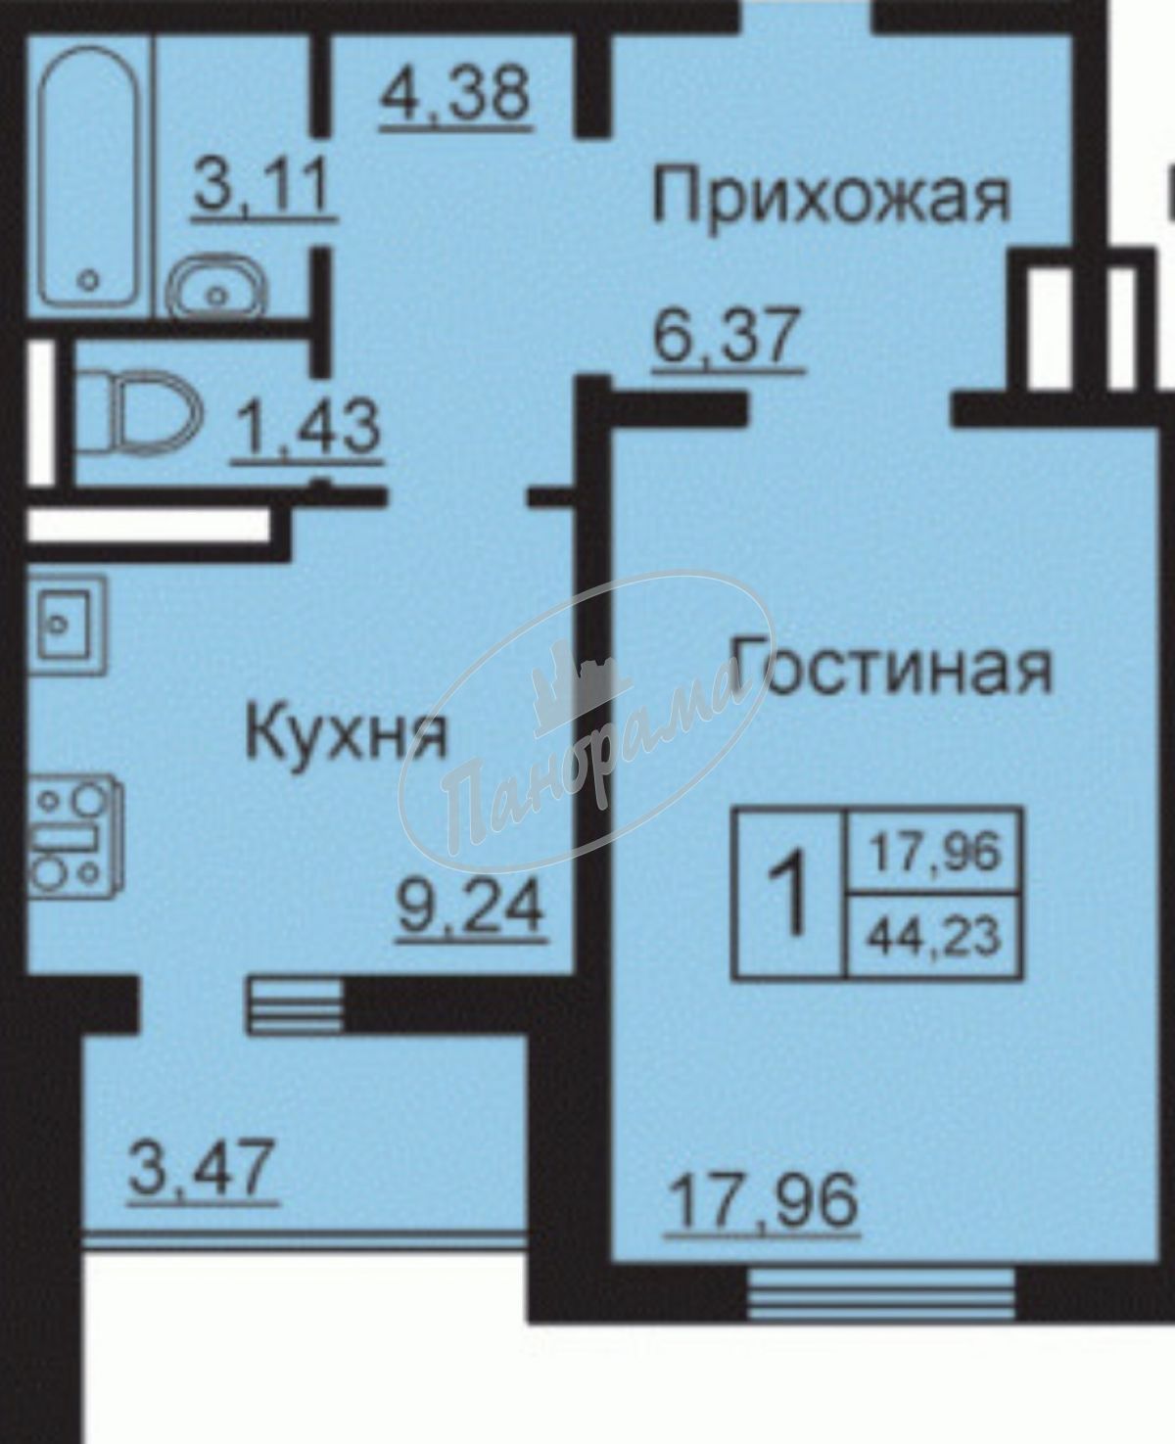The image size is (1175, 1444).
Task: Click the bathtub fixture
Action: pyautogui.click(x=89, y=175)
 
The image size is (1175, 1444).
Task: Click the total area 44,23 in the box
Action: pyautogui.click(x=935, y=938)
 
